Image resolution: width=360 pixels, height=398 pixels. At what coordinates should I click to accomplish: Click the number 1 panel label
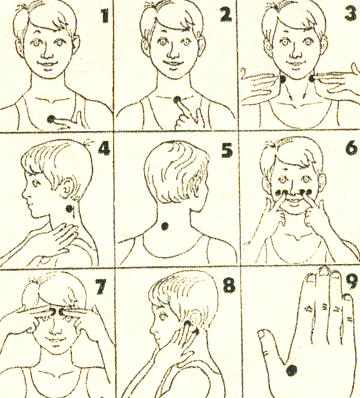click(x=105, y=16)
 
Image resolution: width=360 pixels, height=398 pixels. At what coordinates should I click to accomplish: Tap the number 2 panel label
click(x=226, y=15)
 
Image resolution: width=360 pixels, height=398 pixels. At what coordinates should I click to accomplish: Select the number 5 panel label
click(x=226, y=150)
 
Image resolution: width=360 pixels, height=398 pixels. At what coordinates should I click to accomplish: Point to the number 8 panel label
click(x=229, y=285)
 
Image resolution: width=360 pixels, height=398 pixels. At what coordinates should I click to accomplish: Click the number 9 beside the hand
click(x=352, y=282)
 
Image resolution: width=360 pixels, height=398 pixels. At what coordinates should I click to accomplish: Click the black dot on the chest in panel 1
click(x=51, y=119)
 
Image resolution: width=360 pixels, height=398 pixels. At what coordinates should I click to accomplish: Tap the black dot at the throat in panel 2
click(x=177, y=99)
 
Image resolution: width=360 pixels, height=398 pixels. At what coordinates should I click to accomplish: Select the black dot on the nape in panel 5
click(x=165, y=226)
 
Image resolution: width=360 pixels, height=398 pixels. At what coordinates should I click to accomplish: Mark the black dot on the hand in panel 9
click(x=292, y=370)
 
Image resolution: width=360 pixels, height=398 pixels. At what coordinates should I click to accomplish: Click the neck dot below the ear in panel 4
click(x=69, y=209)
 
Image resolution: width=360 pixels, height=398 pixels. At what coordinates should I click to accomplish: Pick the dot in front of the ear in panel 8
click(x=187, y=324)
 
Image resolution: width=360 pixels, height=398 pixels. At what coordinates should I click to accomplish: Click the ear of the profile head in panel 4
click(x=66, y=189)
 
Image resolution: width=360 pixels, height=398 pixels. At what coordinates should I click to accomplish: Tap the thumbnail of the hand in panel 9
click(x=262, y=334)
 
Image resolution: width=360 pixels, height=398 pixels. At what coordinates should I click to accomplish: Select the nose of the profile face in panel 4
click(x=25, y=194)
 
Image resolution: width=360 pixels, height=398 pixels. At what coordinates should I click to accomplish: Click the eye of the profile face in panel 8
click(x=163, y=316)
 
